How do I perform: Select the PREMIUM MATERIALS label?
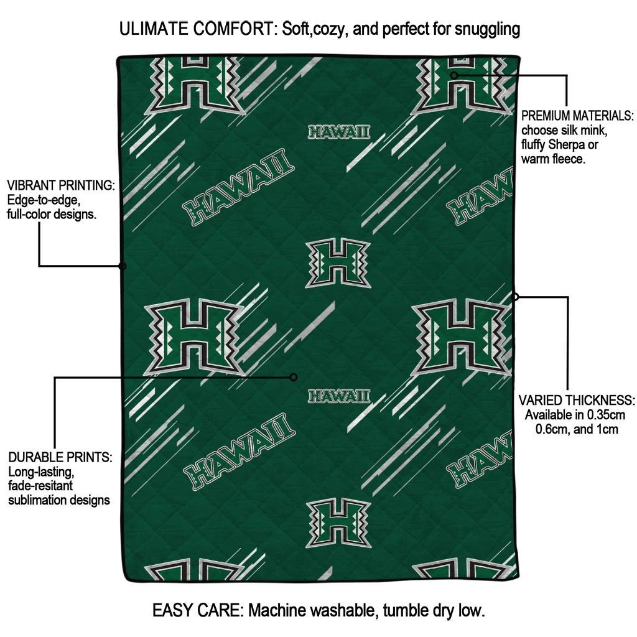tap(577, 116)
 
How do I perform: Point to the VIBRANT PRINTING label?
tap(60, 186)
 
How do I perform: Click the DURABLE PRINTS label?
tap(60, 457)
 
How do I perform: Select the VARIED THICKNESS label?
tap(577, 400)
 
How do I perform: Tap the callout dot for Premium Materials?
tap(454, 75)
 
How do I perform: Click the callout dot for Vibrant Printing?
tap(122, 266)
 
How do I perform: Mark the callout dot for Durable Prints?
tap(294, 377)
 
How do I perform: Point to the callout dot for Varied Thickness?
tap(515, 297)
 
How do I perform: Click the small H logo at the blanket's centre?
tap(338, 264)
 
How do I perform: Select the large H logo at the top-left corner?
tap(193, 84)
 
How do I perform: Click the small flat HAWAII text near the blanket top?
tap(339, 132)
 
